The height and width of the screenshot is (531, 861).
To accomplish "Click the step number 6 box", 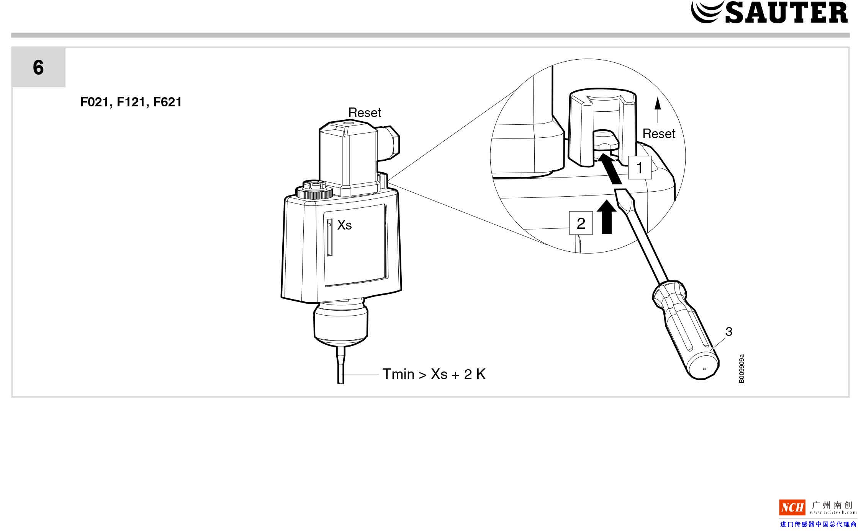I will click(38, 68).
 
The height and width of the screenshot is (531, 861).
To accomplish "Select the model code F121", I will click(131, 102).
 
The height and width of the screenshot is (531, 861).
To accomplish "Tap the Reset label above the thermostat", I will click(364, 113).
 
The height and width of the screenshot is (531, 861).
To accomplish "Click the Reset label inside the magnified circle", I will click(658, 134).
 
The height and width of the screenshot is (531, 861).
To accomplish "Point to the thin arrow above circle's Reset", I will click(658, 109).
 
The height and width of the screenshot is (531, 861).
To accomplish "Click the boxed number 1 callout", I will click(639, 168).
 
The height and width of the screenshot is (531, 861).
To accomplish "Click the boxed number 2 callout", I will click(581, 223).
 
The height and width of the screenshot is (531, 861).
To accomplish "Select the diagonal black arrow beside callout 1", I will click(610, 169).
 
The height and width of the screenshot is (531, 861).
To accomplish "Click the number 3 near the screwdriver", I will click(728, 332).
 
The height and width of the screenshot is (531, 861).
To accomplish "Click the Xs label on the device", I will click(344, 225).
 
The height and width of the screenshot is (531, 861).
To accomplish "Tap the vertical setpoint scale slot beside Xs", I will click(329, 237).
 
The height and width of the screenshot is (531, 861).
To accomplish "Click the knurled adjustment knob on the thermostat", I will click(314, 190).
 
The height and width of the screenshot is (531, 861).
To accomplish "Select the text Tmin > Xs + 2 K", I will click(434, 374).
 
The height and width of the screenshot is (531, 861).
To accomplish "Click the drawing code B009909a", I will click(742, 368).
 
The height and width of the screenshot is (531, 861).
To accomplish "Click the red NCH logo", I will click(792, 508).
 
